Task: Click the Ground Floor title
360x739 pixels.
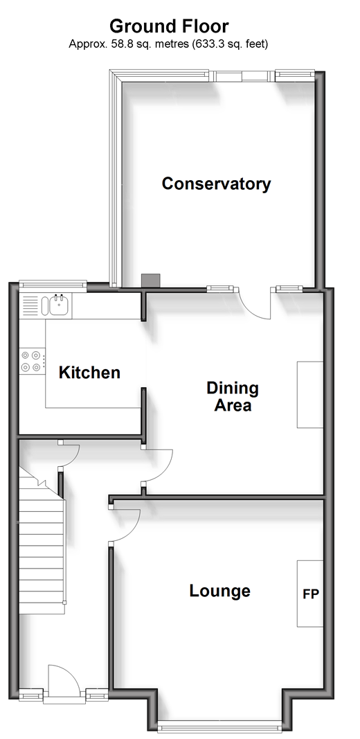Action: [169, 26]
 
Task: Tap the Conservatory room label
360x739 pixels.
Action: [216, 184]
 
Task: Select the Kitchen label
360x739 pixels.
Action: [89, 373]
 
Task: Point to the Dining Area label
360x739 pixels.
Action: [233, 396]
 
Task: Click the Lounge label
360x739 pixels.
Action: [219, 591]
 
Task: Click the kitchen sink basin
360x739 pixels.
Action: [59, 305]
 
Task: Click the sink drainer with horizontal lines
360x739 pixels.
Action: [30, 305]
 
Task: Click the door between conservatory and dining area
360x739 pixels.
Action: [255, 303]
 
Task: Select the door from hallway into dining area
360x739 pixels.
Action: [158, 465]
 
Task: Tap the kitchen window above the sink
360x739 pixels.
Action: [53, 284]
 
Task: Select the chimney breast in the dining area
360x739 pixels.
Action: [310, 395]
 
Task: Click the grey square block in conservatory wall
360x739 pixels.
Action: [151, 281]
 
